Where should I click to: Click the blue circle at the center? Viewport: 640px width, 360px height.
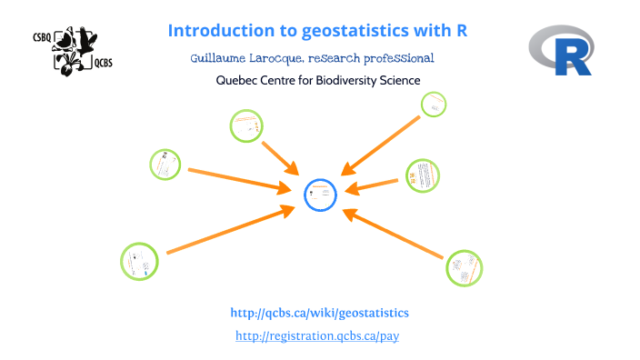pyautogui.click(x=319, y=194)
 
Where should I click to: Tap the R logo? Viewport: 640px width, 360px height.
pyautogui.click(x=562, y=51)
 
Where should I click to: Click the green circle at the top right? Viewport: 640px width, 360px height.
pyautogui.click(x=434, y=105)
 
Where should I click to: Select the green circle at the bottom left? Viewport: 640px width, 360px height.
pyautogui.click(x=139, y=261)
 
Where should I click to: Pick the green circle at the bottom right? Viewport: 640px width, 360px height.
pyautogui.click(x=464, y=267)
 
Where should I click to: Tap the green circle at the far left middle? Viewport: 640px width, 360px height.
pyautogui.click(x=165, y=165)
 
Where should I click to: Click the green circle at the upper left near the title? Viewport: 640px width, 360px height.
pyautogui.click(x=245, y=125)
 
